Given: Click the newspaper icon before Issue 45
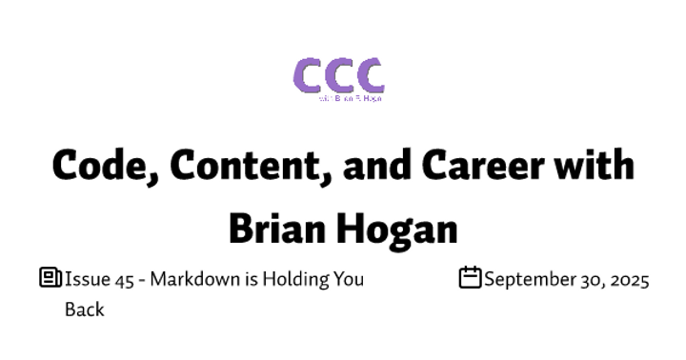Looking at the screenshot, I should click(50, 278).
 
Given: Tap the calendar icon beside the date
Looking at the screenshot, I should click(470, 278).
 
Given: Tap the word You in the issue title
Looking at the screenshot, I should click(347, 280).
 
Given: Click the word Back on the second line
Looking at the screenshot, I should click(84, 310).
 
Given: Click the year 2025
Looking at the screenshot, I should click(629, 280).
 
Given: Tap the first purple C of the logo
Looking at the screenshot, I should click(308, 75).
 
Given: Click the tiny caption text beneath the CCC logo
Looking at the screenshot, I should click(351, 98).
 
